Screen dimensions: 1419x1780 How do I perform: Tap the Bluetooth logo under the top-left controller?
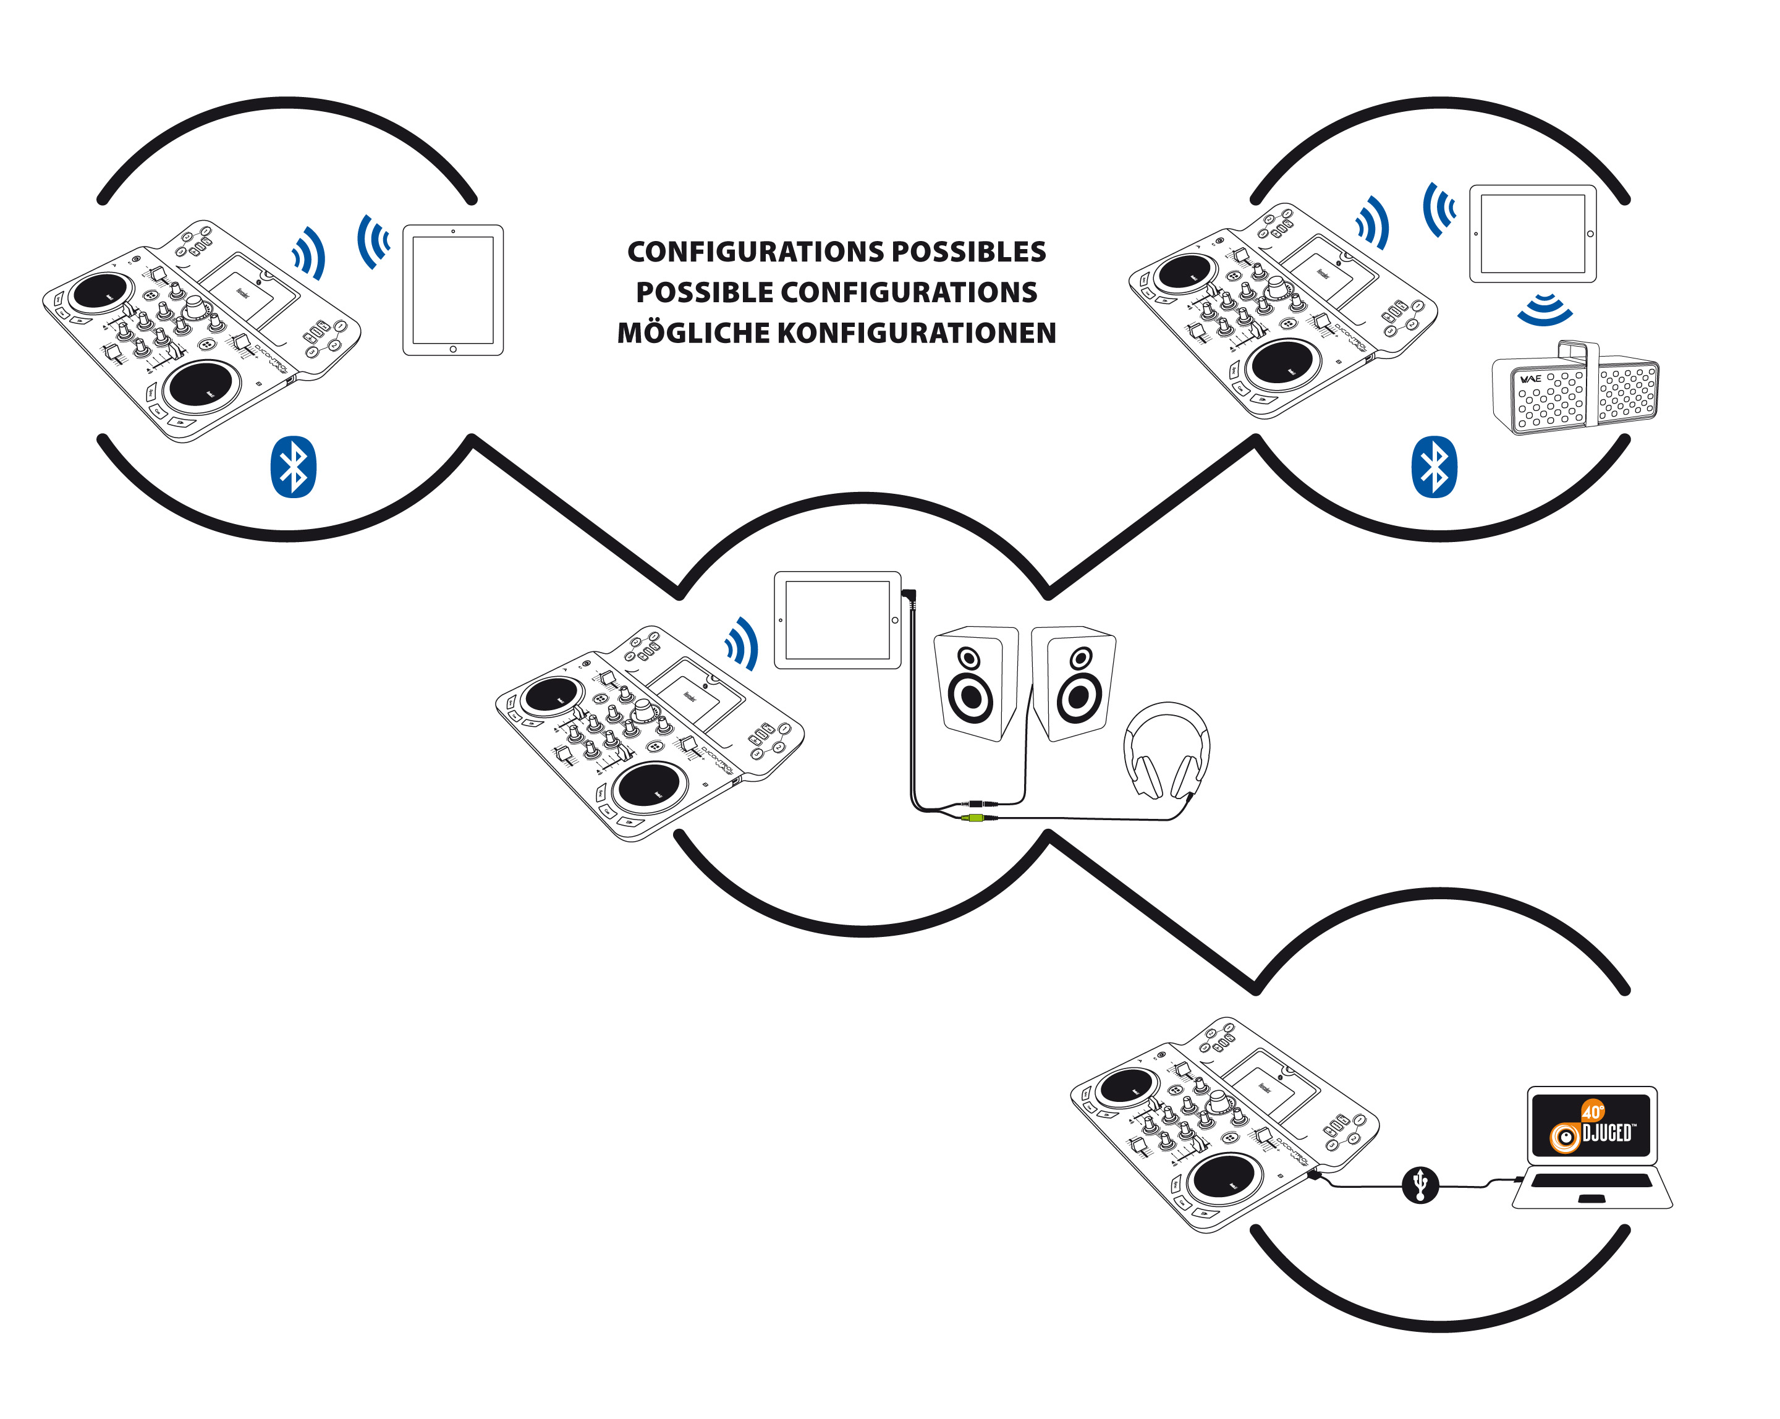click(293, 467)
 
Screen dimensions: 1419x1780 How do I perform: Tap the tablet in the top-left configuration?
click(452, 290)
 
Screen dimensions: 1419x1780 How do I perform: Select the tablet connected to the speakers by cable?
click(837, 620)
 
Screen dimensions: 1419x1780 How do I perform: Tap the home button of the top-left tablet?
click(452, 349)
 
